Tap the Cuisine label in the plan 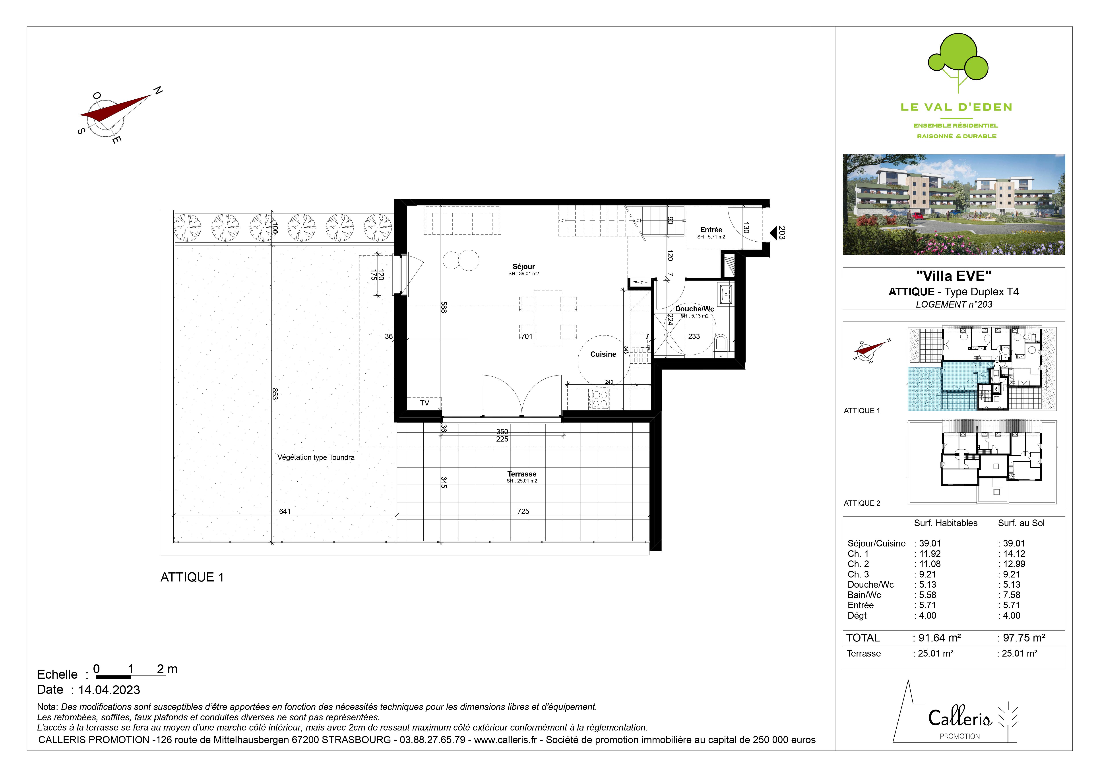point(603,354)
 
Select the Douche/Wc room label point(694,309)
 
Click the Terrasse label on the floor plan point(522,474)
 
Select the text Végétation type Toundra point(316,457)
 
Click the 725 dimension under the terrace point(523,511)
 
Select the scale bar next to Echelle point(131,677)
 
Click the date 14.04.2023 point(109,690)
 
